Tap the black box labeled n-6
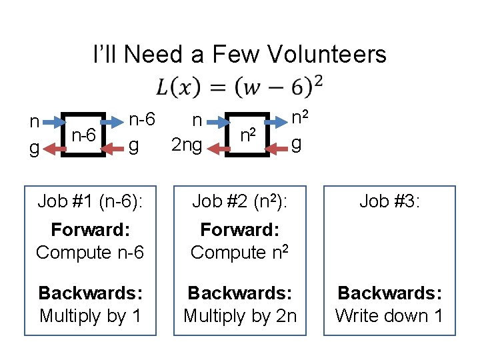click(x=83, y=135)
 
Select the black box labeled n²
click(x=249, y=135)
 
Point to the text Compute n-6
click(x=89, y=252)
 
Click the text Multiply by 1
click(x=89, y=315)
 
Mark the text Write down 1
click(x=389, y=315)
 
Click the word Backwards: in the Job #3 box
click(x=389, y=293)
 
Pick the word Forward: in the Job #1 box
click(x=89, y=230)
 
